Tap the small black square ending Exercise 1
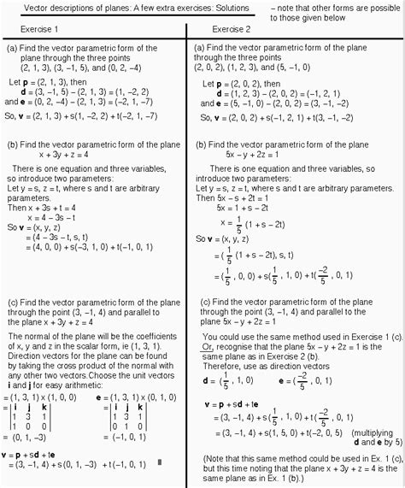(x=159, y=463)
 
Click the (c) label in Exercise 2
(x=207, y=303)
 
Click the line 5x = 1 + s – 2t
(x=249, y=207)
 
